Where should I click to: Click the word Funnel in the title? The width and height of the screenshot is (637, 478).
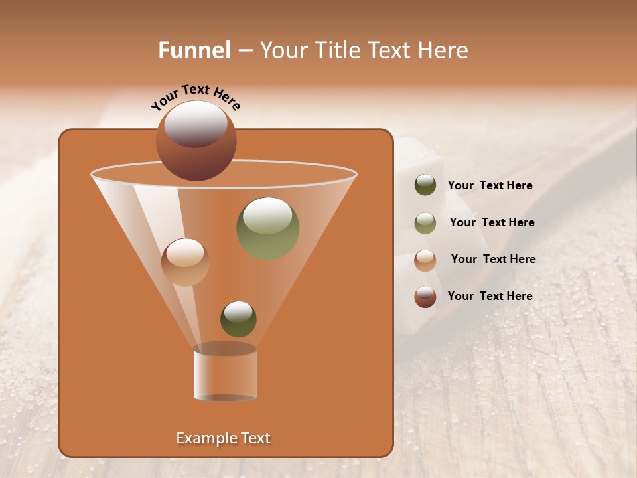click(194, 50)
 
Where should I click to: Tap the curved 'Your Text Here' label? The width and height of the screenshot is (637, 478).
click(196, 98)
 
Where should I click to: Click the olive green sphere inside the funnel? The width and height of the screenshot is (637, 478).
click(267, 228)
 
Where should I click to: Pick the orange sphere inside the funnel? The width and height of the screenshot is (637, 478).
click(185, 262)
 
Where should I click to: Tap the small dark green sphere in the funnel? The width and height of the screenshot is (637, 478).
click(238, 319)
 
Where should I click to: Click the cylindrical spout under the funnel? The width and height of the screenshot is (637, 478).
click(225, 372)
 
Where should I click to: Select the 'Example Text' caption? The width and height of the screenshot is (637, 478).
click(223, 438)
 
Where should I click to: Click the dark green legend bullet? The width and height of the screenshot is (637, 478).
click(425, 185)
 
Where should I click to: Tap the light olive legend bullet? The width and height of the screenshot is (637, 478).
click(425, 222)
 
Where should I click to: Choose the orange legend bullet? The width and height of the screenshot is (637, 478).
click(425, 260)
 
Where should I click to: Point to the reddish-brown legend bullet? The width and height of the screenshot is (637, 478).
click(425, 297)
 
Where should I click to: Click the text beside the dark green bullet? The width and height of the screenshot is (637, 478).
click(490, 185)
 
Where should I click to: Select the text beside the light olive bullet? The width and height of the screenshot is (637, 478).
click(492, 222)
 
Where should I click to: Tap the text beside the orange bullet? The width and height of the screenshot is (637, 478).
click(493, 259)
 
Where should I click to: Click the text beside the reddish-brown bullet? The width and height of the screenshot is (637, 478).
click(490, 296)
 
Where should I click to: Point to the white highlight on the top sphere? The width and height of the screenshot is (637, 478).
click(196, 124)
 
